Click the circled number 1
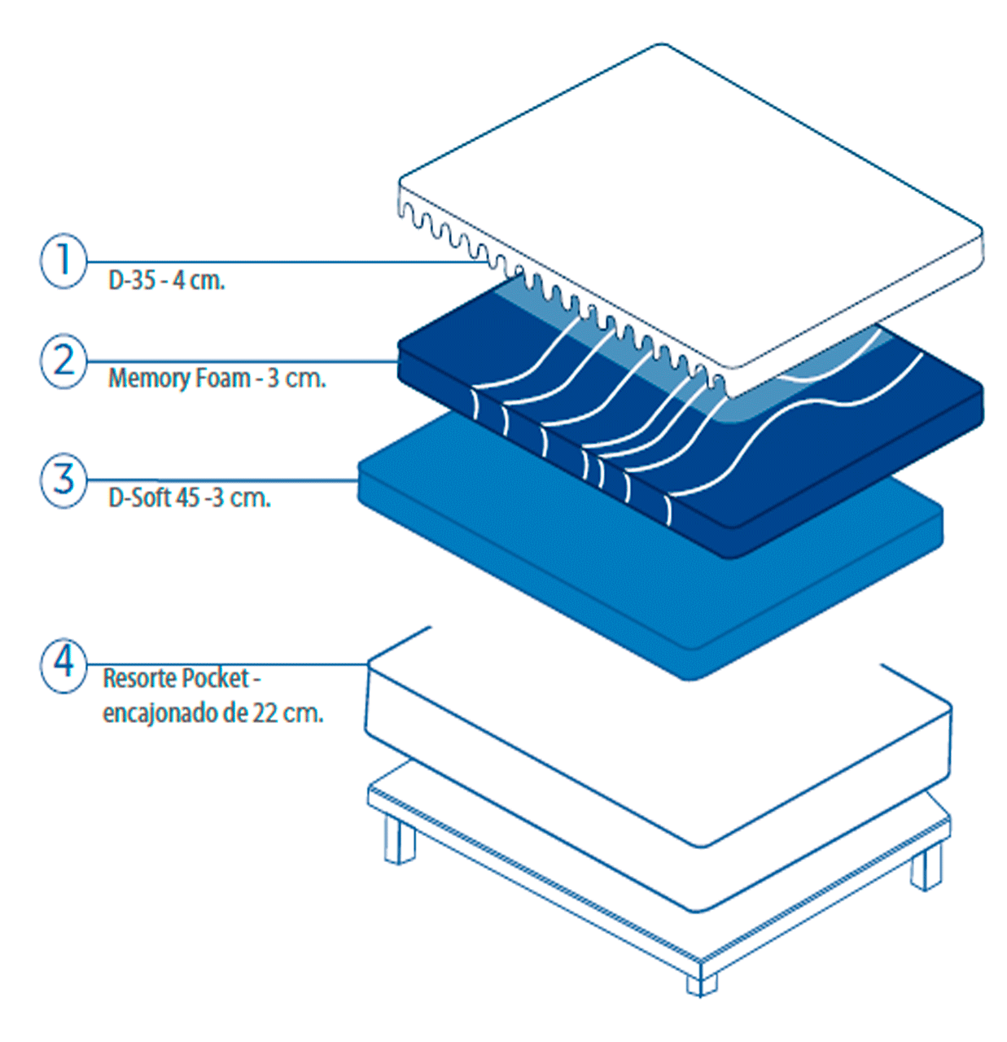pyautogui.click(x=63, y=261)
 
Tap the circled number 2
pyautogui.click(x=63, y=361)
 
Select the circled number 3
pyautogui.click(x=63, y=480)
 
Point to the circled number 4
pyautogui.click(x=63, y=665)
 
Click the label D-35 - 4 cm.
pyautogui.click(x=166, y=281)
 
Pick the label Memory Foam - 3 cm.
pyautogui.click(x=217, y=379)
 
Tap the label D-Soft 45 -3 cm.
pyautogui.click(x=189, y=497)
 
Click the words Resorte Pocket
pyautogui.click(x=176, y=678)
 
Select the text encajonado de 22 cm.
pyautogui.click(x=212, y=713)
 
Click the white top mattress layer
pyautogui.click(x=692, y=204)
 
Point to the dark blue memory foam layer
pyautogui.click(x=814, y=456)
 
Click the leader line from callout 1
pyautogui.click(x=285, y=262)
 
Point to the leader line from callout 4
pyautogui.click(x=228, y=664)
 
